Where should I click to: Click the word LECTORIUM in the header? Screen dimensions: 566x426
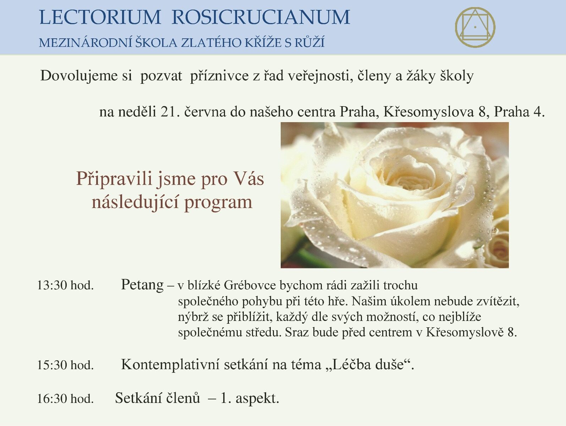100,17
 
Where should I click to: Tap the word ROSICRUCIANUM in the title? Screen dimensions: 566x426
261,17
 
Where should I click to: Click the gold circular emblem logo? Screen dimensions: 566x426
475,27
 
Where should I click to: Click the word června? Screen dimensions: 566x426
205,112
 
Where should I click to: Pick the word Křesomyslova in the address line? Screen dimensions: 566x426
429,112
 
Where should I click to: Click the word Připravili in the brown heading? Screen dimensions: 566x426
114,179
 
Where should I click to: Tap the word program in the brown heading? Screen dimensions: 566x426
218,203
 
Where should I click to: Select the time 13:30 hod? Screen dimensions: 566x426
66,285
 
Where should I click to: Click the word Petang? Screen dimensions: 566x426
142,285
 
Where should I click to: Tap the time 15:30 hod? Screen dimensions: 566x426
66,365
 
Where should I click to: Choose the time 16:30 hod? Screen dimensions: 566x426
66,399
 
